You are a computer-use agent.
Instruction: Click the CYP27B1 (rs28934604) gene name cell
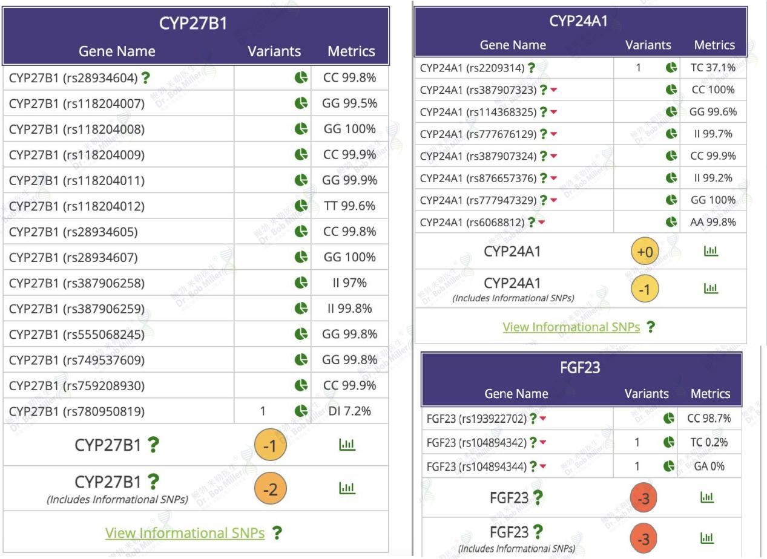73,78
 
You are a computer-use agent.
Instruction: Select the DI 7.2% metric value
349,411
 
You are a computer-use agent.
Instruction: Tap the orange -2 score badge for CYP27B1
271,488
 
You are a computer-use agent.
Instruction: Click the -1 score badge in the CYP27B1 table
271,445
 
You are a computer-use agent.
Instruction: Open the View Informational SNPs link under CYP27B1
185,532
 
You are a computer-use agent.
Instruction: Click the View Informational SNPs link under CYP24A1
571,327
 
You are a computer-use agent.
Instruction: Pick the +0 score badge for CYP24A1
645,252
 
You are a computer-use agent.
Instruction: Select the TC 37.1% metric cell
713,67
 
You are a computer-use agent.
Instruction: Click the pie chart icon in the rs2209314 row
671,67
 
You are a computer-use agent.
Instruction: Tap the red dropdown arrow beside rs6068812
541,222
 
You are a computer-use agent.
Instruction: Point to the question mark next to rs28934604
145,77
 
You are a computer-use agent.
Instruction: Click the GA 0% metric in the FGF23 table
709,466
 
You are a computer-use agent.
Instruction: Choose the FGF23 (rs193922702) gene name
476,419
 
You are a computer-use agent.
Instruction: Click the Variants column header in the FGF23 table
647,393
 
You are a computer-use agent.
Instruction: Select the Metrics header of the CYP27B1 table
351,51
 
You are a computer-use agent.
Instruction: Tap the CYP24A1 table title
578,21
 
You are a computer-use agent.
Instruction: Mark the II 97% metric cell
349,283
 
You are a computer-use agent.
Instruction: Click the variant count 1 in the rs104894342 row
637,442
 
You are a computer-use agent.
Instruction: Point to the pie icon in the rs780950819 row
301,411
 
